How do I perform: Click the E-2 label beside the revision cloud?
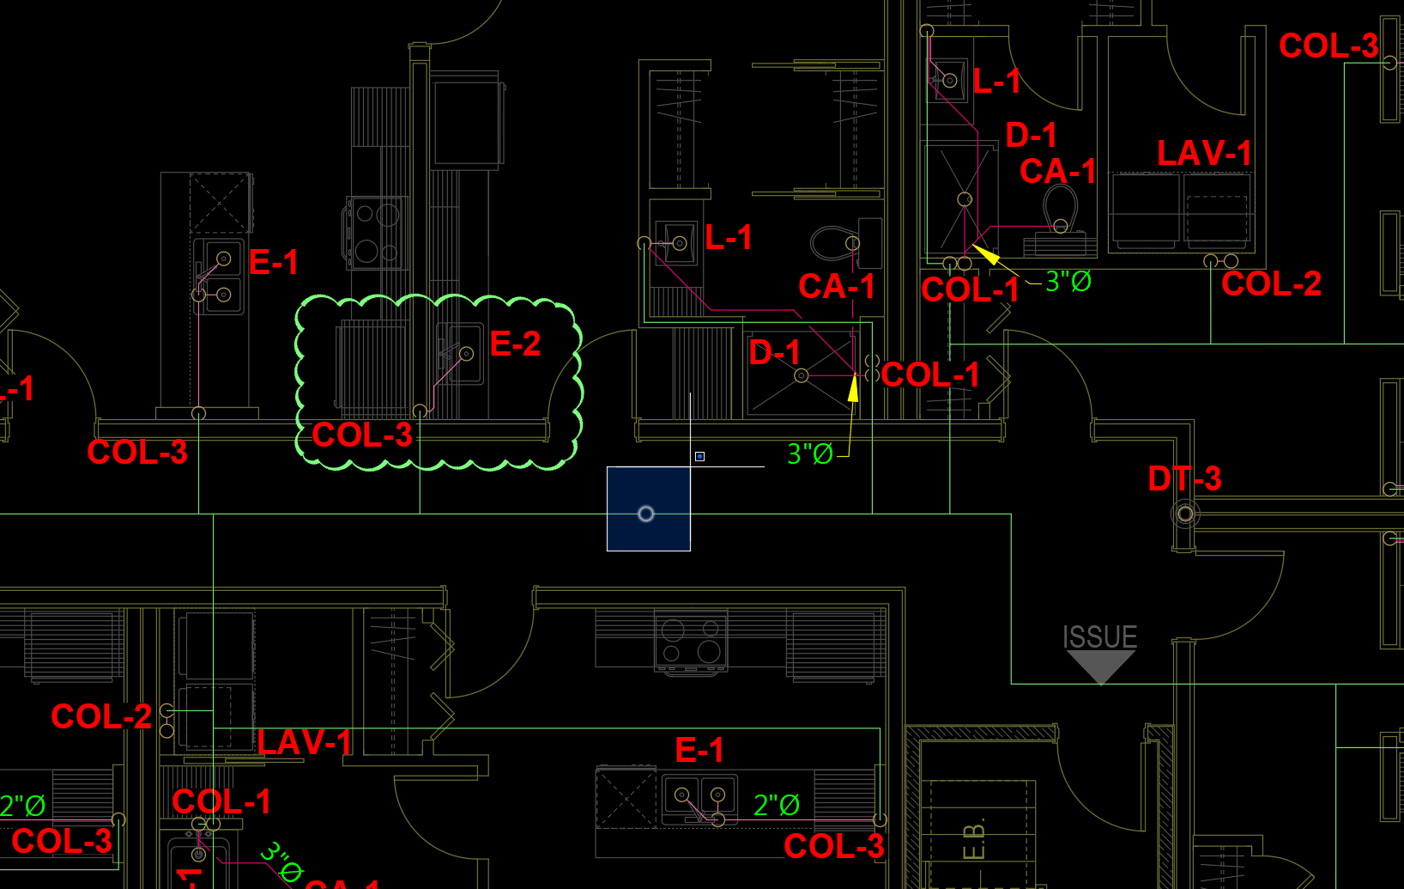click(515, 344)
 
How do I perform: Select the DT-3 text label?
click(1184, 479)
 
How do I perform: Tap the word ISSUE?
click(1099, 637)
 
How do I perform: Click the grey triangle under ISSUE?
click(1100, 665)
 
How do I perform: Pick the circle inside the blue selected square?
click(646, 514)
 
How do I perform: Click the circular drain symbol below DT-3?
click(1185, 514)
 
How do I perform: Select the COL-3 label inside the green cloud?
click(361, 435)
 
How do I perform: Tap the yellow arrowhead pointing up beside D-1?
click(853, 388)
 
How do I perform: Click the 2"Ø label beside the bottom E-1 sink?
click(776, 806)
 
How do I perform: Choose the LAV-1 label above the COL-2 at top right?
click(1203, 154)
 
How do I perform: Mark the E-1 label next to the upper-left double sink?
click(273, 262)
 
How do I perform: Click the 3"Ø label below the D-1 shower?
click(810, 454)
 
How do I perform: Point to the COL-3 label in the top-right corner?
click(1328, 46)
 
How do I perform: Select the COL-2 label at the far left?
click(100, 716)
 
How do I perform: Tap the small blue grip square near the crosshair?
click(699, 456)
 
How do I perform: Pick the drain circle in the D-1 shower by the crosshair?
click(801, 375)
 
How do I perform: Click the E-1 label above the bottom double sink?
click(699, 751)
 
